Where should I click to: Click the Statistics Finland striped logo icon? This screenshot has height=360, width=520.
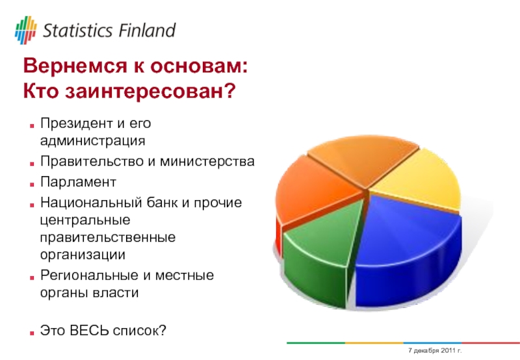pos(26,30)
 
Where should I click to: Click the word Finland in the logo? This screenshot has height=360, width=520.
pos(147,31)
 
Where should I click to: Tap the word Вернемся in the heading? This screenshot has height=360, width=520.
pos(75,66)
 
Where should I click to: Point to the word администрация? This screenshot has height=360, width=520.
pos(92,141)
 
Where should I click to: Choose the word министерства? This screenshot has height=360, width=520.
pos(207,162)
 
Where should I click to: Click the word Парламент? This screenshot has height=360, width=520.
pos(78,182)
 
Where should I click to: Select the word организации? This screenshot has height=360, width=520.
pos(83,255)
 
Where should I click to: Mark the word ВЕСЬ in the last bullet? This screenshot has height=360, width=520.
pos(89,331)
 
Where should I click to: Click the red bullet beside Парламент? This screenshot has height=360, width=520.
pos(32,185)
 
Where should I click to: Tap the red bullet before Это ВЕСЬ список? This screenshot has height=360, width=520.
pos(32,333)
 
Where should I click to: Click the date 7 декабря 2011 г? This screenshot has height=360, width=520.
pos(435,350)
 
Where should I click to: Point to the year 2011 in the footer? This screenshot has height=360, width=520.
pos(448,350)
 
